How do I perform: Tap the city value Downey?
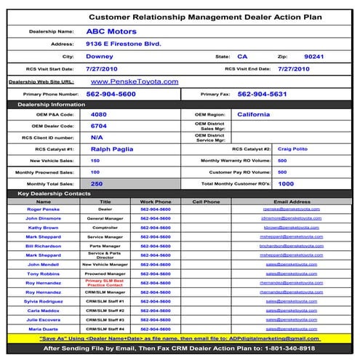(x=99, y=56)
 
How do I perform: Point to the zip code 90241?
(x=314, y=56)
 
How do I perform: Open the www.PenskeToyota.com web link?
(x=135, y=81)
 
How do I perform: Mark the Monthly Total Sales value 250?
(x=96, y=184)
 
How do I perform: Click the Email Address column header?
(x=290, y=201)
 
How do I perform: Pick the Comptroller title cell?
(x=105, y=228)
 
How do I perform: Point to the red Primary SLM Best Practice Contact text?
(x=105, y=282)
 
